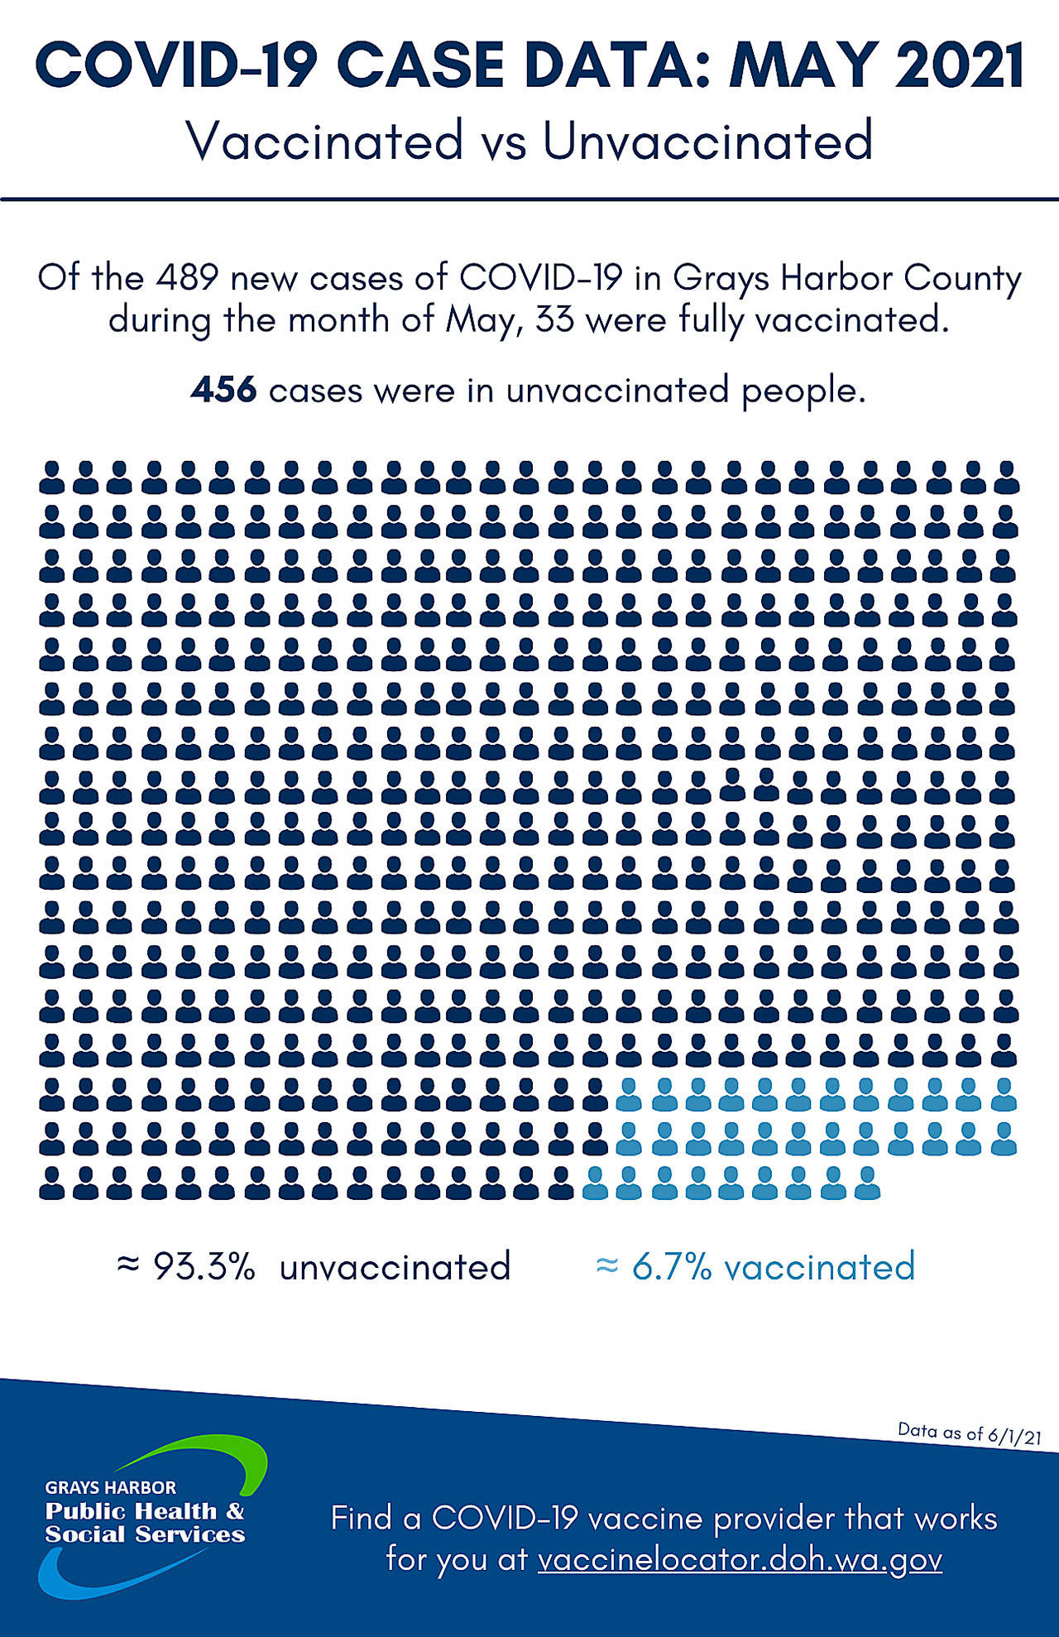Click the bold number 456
pos(223,390)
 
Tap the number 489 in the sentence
pos(187,278)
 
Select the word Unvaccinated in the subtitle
pos(707,141)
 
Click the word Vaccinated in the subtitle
pos(325,141)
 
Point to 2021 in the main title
pos(959,66)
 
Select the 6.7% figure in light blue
pos(671,1267)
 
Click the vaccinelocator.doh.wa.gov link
pos(740,1560)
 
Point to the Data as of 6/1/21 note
pos(969,1433)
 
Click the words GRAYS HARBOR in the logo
pos(110,1487)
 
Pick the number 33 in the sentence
pos(554,319)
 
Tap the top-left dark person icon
pos(52,478)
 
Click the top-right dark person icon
pos(1006,478)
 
